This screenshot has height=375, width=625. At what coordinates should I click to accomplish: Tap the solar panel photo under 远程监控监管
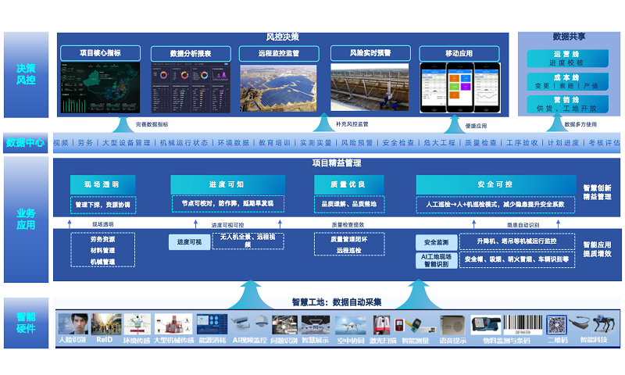[278, 88]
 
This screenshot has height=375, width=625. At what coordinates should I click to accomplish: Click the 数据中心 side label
[26, 143]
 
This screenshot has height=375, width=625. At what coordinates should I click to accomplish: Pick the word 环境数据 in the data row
[234, 143]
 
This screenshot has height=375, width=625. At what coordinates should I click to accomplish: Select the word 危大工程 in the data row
[439, 143]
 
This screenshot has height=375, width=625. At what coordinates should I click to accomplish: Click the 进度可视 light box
[189, 242]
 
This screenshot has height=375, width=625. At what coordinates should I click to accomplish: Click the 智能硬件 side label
[26, 323]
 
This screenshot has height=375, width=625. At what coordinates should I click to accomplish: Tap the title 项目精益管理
[337, 163]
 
